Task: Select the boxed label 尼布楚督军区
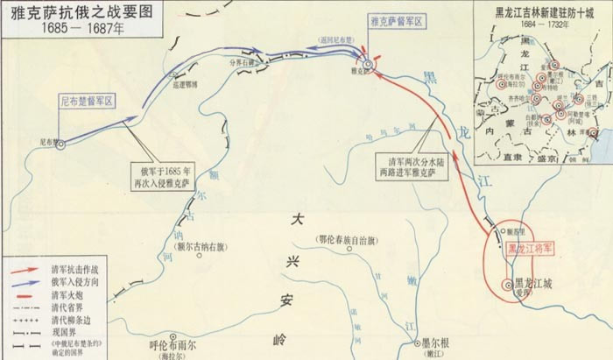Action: pyautogui.click(x=87, y=102)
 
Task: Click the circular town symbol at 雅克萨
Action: pyautogui.click(x=370, y=64)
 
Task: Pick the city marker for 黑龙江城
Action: pyautogui.click(x=507, y=283)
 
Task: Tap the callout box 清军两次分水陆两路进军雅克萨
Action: pyautogui.click(x=422, y=167)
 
